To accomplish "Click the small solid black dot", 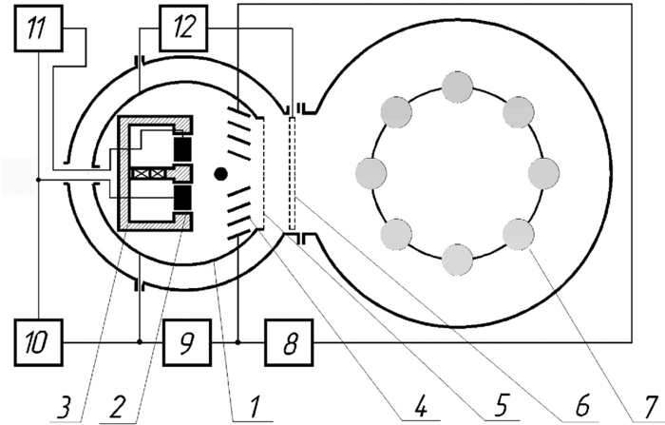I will [x=221, y=173].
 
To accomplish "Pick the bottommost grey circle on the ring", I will [x=457, y=259].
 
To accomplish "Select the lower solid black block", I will [x=183, y=198].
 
